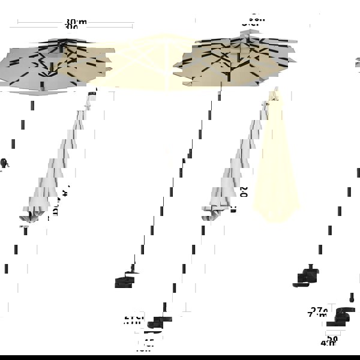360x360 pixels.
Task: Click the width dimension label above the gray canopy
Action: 76,25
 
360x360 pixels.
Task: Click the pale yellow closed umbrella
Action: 275,168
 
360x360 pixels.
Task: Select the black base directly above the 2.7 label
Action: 309,276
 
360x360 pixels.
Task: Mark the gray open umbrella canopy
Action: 36,69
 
